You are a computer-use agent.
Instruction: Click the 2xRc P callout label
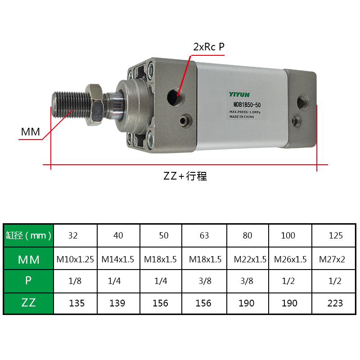coord(209,47)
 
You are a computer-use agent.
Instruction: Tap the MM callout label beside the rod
coord(30,132)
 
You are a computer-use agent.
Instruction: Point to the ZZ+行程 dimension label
coord(185,176)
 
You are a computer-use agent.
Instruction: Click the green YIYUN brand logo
coord(239,94)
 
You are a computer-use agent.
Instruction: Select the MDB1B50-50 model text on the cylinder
coord(247,105)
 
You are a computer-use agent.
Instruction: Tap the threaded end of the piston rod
coord(71,105)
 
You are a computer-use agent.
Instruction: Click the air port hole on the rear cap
coord(303,103)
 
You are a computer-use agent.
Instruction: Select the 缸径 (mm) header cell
coord(29,235)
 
